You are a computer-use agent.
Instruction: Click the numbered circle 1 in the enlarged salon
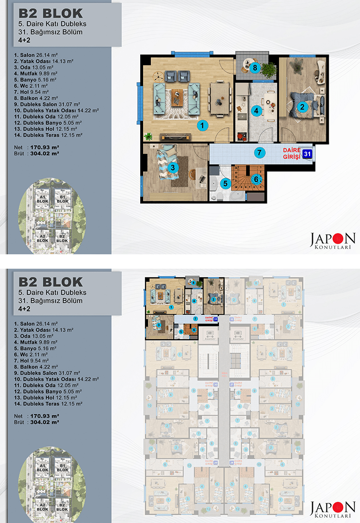pos(203,126)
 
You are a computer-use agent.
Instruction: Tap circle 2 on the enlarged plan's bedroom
pos(302,107)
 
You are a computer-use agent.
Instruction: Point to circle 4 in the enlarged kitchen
pos(257,110)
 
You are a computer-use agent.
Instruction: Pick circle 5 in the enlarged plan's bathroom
pos(225,182)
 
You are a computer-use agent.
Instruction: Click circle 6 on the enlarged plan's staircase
pos(256,179)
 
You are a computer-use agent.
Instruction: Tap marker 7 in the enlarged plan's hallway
pos(259,153)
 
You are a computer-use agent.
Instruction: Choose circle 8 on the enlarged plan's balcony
pos(255,68)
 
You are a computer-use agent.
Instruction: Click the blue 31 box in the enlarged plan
pos(308,154)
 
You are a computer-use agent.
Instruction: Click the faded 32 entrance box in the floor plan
pos(232,319)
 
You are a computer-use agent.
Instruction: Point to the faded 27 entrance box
pos(232,384)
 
